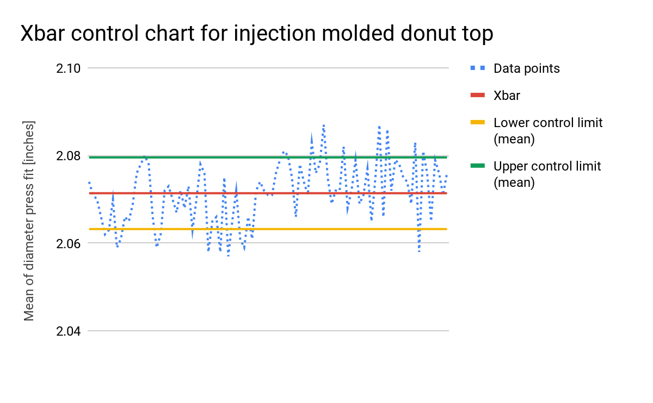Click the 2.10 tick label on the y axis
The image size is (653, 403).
(x=68, y=68)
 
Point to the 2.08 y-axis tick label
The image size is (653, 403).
(x=68, y=156)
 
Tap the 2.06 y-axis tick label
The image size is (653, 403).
(x=68, y=244)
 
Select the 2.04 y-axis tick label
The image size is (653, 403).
(x=68, y=331)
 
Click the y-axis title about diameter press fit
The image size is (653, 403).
(x=29, y=221)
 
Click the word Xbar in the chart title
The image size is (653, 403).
(x=42, y=33)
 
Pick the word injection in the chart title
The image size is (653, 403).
(x=275, y=34)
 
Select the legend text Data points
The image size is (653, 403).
(x=527, y=68)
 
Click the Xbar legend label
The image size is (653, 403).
(x=507, y=96)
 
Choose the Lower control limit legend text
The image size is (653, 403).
(x=548, y=131)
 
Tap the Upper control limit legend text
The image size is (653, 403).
(x=547, y=174)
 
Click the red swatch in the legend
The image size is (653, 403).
(x=478, y=95)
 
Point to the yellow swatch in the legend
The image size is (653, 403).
(x=478, y=123)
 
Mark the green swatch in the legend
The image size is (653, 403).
(x=478, y=166)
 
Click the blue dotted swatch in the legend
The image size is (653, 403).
(x=478, y=68)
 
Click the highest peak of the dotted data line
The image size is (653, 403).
(x=324, y=125)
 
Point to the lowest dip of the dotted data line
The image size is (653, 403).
(x=228, y=256)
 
